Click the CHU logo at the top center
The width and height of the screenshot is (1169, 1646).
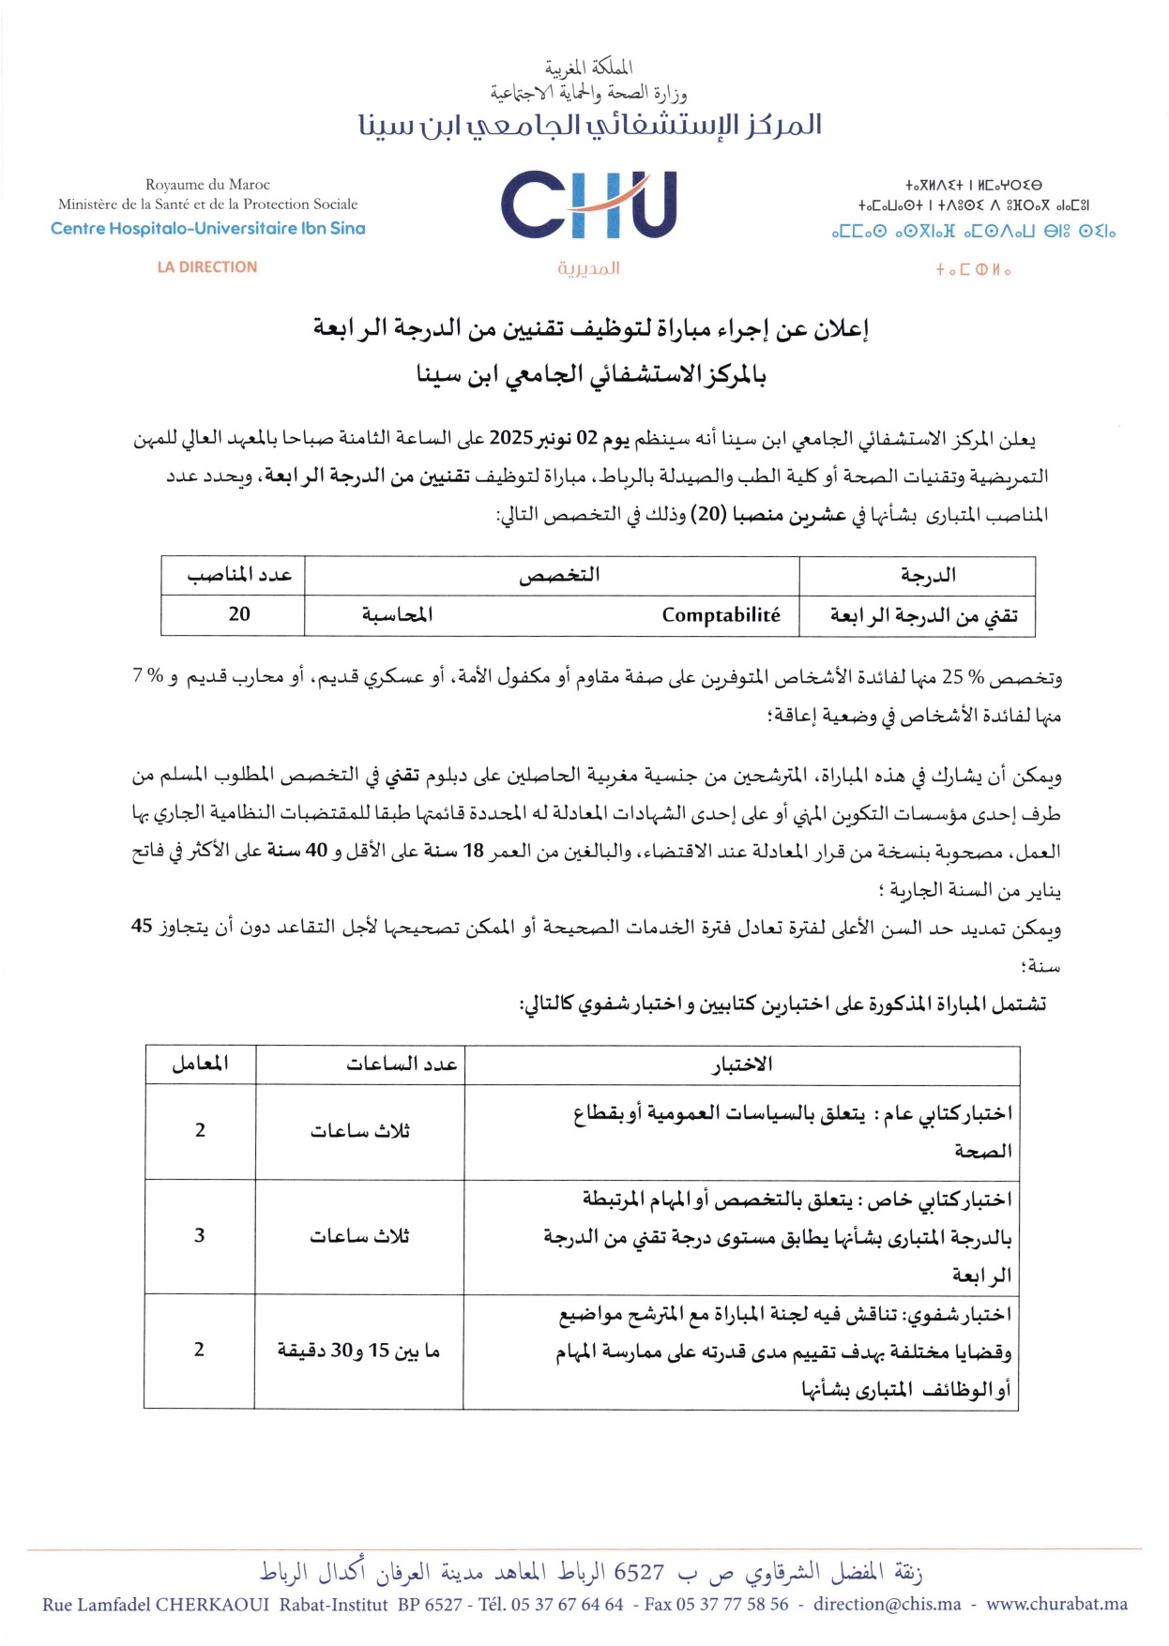coord(588,205)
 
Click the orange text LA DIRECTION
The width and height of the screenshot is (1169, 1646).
coord(207,267)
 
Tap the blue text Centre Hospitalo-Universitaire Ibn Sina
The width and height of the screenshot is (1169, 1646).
coord(208,229)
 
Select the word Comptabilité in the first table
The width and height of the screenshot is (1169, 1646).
coord(721,615)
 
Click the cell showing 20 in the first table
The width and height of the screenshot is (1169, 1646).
coord(239,614)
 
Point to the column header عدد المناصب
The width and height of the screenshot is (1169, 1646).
coord(239,575)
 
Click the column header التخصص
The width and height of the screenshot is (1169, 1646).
coord(559,575)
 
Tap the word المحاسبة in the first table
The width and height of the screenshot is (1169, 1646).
coord(398,615)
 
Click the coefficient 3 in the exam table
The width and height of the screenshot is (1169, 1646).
coord(199,1236)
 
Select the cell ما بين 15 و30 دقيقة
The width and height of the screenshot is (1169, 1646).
coord(358,1351)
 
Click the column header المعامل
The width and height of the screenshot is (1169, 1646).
coord(200,1064)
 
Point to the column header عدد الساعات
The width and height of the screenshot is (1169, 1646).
coord(402,1064)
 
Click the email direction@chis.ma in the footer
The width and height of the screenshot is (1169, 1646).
coord(887,1605)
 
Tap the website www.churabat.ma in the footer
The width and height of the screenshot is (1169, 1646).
coord(1056,1605)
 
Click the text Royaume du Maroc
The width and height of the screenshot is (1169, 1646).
coord(207,185)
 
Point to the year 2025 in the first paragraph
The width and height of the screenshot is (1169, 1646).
coord(511,438)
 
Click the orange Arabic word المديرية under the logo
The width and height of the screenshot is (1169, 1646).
coord(588,269)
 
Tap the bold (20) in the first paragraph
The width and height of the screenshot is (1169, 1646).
coord(706,515)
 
